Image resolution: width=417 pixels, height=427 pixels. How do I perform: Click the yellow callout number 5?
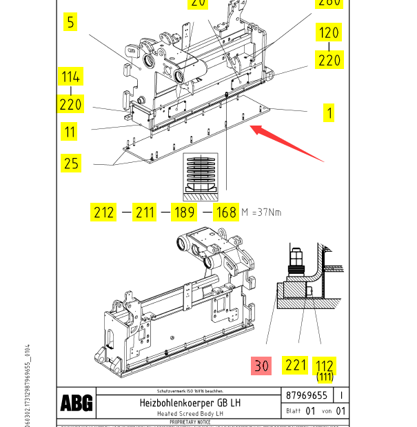[70, 22]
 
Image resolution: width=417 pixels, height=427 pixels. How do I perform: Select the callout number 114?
[71, 76]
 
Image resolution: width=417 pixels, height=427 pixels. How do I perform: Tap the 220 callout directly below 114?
[71, 104]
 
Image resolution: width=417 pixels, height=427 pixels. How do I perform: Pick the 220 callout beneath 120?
[329, 60]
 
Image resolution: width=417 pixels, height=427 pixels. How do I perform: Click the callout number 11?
[70, 131]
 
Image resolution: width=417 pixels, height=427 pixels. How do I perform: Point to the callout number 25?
[71, 163]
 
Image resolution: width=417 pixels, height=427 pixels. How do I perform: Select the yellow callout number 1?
[329, 112]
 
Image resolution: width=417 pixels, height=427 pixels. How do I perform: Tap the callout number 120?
[329, 32]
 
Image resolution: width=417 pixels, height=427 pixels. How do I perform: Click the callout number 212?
[104, 212]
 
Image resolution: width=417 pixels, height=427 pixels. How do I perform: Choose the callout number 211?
[145, 212]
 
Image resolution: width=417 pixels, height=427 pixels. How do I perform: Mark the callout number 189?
[184, 212]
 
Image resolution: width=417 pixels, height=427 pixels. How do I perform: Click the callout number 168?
[225, 212]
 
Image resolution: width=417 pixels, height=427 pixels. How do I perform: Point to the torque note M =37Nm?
[261, 212]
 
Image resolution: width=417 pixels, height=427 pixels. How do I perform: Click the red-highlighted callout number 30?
[261, 366]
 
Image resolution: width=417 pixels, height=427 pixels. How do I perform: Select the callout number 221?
[296, 365]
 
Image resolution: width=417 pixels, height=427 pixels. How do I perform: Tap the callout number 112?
[324, 366]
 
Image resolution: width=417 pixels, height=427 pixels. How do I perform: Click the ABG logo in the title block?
[76, 404]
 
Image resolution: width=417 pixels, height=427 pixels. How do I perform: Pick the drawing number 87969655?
[307, 396]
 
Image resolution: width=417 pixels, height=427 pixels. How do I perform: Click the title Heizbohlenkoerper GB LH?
[190, 402]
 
